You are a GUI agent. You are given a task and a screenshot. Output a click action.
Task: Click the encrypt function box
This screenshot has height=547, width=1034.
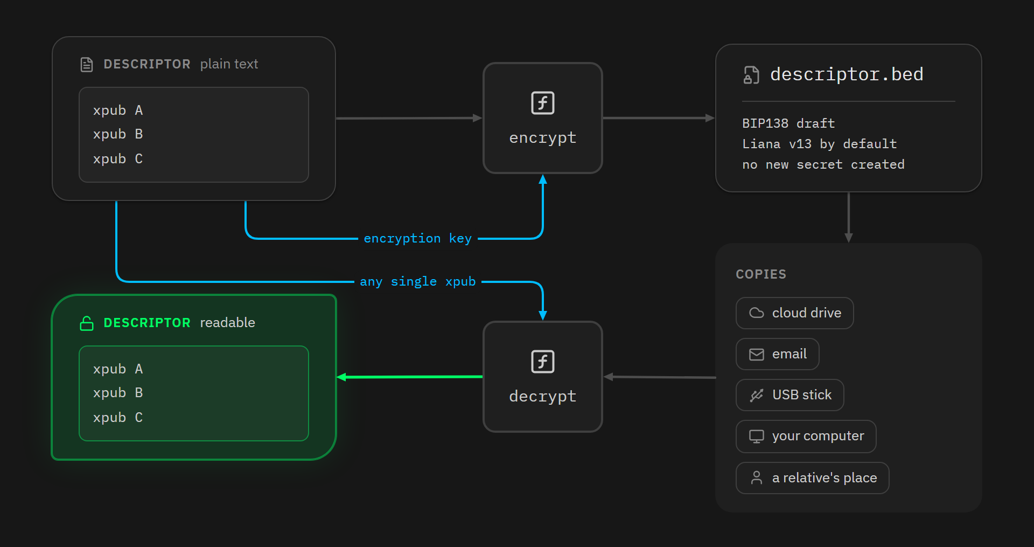[x=543, y=118]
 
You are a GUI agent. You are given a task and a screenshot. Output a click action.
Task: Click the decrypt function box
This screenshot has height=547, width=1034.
[x=543, y=377]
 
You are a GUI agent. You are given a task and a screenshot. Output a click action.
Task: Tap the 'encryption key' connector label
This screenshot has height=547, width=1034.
[x=418, y=238]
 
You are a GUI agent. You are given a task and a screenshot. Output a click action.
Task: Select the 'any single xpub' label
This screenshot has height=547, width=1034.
[x=418, y=281]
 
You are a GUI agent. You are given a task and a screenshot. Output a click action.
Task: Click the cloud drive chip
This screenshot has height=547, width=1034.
[x=795, y=313]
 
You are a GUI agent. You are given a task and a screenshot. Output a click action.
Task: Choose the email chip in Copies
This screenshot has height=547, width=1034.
[x=778, y=354]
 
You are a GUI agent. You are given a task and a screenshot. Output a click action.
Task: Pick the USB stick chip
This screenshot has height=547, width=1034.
[x=790, y=395]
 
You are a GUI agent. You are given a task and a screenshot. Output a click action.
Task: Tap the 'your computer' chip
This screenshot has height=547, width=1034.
[x=806, y=437]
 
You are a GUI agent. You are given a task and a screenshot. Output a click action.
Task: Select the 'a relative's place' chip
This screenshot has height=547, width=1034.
[x=813, y=478]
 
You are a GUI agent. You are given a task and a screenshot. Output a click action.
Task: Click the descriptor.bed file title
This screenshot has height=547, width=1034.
[x=847, y=74]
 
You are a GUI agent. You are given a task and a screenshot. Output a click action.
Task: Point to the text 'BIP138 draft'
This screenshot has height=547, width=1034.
[x=788, y=123]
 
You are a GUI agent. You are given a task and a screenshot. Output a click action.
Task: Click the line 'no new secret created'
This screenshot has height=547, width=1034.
[x=823, y=164]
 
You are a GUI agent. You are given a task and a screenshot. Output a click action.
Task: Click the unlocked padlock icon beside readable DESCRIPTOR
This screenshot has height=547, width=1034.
[x=87, y=323]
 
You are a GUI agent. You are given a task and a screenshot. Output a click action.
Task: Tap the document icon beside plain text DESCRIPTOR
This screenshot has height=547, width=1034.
[x=87, y=65]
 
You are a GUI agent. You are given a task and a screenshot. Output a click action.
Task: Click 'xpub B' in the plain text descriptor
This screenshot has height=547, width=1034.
[x=118, y=134]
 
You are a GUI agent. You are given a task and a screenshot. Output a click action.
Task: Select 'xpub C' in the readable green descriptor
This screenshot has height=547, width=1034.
[x=118, y=418]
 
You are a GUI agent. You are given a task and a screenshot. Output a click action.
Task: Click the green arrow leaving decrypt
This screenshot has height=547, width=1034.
[x=410, y=377]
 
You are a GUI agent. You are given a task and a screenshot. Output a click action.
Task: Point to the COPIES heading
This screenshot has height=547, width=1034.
[x=761, y=274]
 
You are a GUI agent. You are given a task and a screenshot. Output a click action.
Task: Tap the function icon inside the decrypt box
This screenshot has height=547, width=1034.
[x=543, y=362]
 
